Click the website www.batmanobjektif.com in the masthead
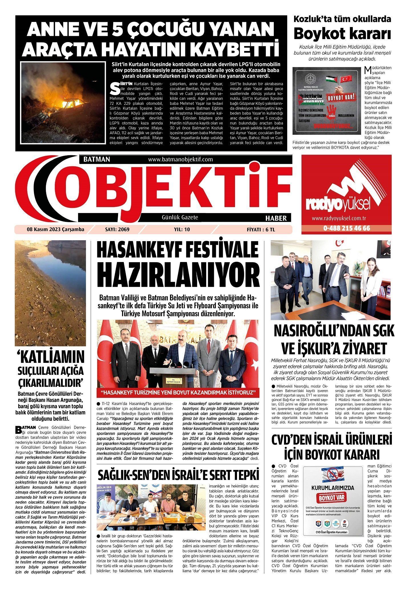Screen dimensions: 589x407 pyautogui.click(x=180, y=159)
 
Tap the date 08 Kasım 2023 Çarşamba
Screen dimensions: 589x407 pyautogui.click(x=56, y=229)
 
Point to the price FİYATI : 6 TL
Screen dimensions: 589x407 pyautogui.click(x=261, y=230)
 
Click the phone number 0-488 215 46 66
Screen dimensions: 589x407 pyautogui.click(x=347, y=228)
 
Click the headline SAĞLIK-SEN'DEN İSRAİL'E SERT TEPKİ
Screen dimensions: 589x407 pyautogui.click(x=178, y=475)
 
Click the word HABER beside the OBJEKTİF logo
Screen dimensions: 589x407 pyautogui.click(x=276, y=218)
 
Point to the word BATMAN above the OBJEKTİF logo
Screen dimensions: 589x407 pyautogui.click(x=97, y=159)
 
